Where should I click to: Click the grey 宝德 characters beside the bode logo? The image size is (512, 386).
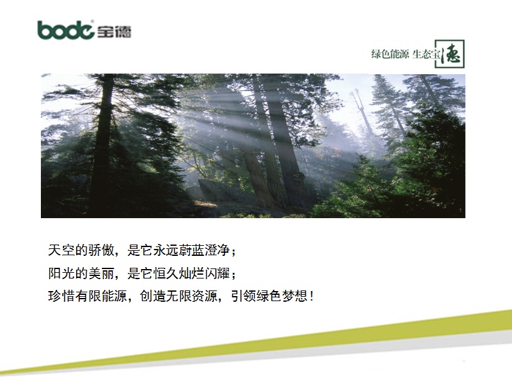114,31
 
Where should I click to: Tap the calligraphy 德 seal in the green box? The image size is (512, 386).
450,54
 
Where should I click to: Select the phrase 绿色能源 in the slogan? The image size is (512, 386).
390,54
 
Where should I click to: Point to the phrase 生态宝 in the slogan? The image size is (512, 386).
426,54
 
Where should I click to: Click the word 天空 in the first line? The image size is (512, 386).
62,250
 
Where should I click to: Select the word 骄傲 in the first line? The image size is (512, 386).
101,250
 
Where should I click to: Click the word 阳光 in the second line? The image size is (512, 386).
62,273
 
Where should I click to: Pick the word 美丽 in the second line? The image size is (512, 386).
101,273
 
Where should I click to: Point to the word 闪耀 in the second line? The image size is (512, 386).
218,273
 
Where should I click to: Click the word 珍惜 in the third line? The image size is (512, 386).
62,296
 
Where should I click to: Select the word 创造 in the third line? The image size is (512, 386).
153,296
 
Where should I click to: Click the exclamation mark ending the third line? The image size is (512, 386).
312,296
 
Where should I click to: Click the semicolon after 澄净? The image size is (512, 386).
233,251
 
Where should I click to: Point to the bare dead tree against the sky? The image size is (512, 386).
363,111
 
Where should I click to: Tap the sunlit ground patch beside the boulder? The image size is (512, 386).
205,203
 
